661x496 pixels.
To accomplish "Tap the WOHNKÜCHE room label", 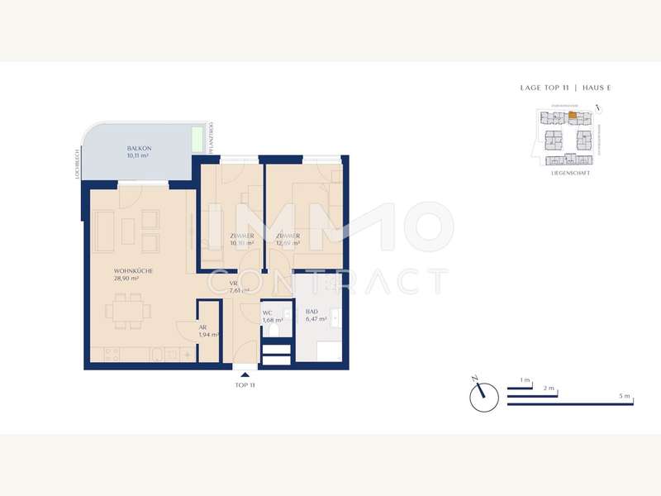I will tap(133, 270).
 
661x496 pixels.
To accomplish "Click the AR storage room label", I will tap(202, 327).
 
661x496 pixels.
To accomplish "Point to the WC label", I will tap(267, 312).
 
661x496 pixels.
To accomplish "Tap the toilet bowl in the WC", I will tap(275, 331).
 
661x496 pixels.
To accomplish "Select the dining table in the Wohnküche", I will tap(129, 312).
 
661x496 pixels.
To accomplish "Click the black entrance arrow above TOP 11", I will tap(243, 375).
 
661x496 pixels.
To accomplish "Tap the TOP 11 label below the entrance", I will tap(244, 386).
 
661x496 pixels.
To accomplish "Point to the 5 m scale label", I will tap(624, 397).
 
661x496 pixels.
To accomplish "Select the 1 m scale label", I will tap(525, 379).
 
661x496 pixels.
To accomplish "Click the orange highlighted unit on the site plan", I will tap(572, 116).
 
